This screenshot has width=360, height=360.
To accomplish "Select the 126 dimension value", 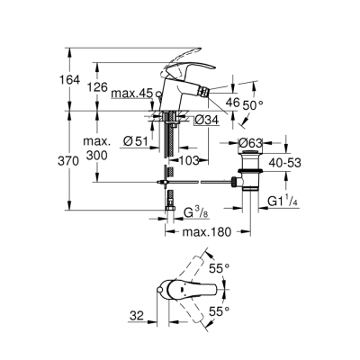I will tap(99, 87).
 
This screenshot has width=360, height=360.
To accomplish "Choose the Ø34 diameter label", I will tap(207, 120).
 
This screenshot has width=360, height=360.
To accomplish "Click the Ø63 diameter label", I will tap(251, 142).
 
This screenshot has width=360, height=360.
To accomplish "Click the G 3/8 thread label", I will tap(197, 212).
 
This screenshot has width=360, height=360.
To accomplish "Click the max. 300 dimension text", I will tap(100, 149).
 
